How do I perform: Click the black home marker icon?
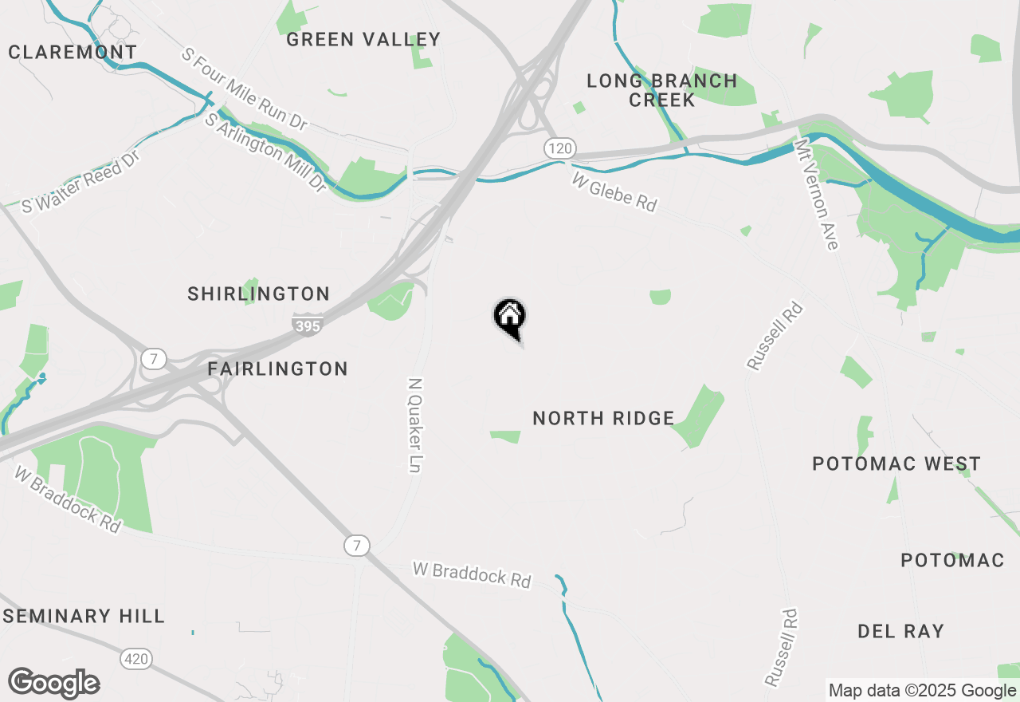point(510,317)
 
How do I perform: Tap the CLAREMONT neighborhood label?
point(73,52)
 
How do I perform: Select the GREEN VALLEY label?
point(363,39)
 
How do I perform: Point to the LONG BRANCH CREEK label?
point(662,90)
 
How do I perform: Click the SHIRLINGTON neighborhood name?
point(259,294)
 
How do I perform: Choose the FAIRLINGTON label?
point(277,369)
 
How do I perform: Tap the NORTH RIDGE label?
point(603,418)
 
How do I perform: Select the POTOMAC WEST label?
point(896,463)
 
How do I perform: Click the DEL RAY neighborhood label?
point(900,631)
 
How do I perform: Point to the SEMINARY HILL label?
point(84,616)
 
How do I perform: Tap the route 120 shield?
point(560,148)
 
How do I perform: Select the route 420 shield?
point(136,659)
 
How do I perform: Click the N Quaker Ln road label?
point(414,425)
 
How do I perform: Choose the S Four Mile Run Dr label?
point(244,89)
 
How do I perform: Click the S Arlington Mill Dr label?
point(265,152)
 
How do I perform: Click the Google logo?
point(54,683)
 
